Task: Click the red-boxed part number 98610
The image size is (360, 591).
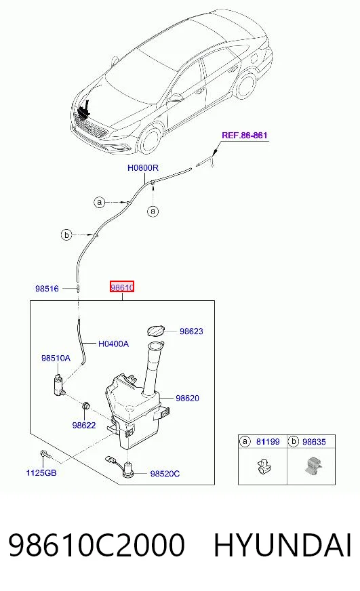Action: point(122,287)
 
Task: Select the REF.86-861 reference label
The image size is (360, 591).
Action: point(245,135)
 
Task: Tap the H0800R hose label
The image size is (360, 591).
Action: point(143,167)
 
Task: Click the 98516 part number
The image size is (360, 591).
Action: point(47,289)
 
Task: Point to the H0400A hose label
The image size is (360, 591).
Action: point(113,344)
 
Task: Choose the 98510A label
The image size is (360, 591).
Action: point(56,358)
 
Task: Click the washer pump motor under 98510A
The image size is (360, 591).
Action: point(60,384)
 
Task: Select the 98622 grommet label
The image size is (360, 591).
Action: point(83,425)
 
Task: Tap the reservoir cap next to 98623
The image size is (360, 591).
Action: point(155,331)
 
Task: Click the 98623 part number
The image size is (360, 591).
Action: point(191,331)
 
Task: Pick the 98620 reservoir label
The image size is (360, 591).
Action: point(187,398)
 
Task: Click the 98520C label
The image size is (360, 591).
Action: point(165,474)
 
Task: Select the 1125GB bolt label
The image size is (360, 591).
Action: point(41,472)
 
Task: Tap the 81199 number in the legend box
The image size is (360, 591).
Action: point(268,441)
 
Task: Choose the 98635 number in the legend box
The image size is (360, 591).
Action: point(314,441)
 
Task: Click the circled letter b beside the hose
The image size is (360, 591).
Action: point(66,235)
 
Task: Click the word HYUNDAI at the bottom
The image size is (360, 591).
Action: point(283,545)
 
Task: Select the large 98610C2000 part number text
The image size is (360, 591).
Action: point(96,545)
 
